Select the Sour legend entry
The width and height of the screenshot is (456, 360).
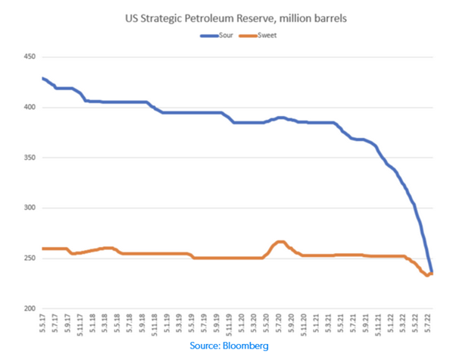point(216,35)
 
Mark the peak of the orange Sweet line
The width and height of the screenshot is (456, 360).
point(280,242)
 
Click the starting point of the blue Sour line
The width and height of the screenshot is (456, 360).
point(43,78)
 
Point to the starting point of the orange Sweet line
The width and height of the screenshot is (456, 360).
point(43,249)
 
